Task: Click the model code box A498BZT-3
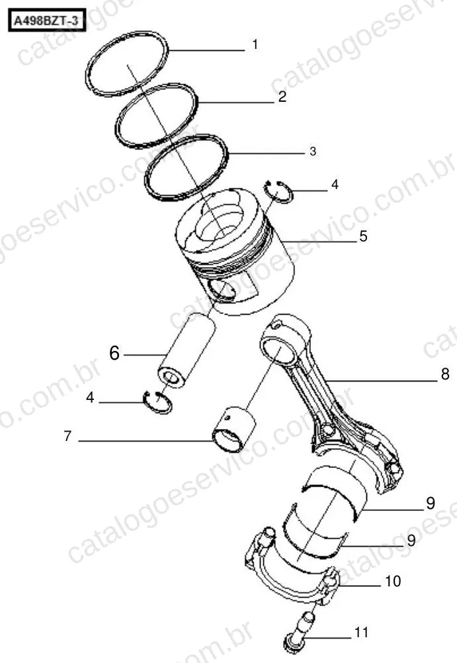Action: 47,20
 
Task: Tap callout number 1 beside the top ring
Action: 255,44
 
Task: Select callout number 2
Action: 282,97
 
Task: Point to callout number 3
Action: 313,151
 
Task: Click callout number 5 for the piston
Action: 363,236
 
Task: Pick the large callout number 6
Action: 114,353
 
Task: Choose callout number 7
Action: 67,436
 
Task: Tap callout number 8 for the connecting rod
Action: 445,373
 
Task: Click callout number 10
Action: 393,581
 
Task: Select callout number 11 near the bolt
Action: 361,633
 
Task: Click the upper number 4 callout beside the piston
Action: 335,184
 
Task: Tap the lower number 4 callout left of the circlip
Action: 90,397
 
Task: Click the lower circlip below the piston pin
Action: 158,403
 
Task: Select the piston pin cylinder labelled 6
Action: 187,350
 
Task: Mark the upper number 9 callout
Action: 431,503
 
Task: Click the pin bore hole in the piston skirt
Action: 222,292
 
